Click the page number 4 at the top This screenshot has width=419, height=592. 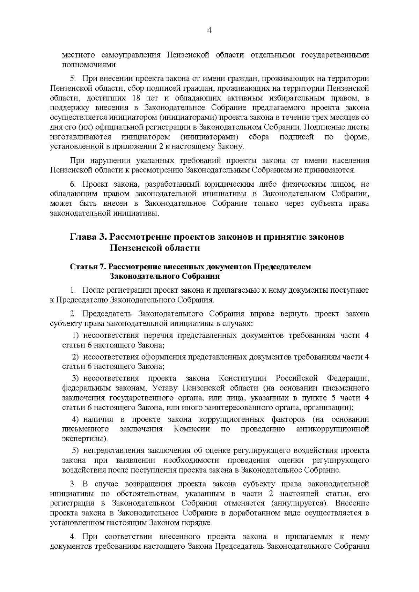(x=209, y=30)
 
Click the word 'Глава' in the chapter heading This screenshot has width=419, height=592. (x=83, y=237)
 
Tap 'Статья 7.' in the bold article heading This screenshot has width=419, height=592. (x=88, y=267)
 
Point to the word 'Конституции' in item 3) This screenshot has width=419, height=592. (x=242, y=378)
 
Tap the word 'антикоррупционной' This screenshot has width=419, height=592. (x=332, y=429)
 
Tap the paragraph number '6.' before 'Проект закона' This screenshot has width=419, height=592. (x=73, y=184)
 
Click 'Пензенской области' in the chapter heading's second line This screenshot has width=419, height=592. (x=155, y=248)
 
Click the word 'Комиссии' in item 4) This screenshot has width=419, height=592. (x=192, y=429)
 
